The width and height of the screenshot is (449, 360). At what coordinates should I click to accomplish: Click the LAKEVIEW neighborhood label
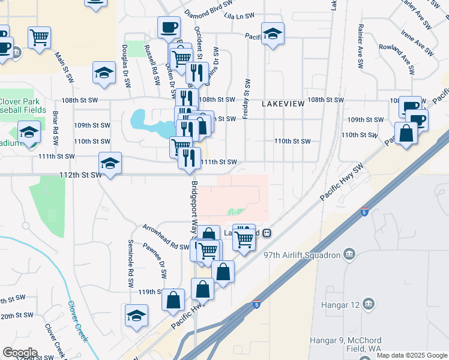click(283, 104)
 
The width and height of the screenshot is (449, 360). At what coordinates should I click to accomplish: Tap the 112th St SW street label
click(76, 175)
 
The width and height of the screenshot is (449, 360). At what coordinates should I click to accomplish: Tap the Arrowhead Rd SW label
click(166, 236)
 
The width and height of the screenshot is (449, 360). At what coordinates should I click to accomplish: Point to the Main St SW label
click(64, 67)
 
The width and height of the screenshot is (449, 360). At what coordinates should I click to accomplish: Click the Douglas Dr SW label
click(127, 66)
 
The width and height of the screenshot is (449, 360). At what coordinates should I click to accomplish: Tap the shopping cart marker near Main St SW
click(40, 37)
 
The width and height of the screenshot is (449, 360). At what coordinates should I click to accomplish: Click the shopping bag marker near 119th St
click(173, 299)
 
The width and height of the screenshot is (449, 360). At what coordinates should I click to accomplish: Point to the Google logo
click(20, 353)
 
